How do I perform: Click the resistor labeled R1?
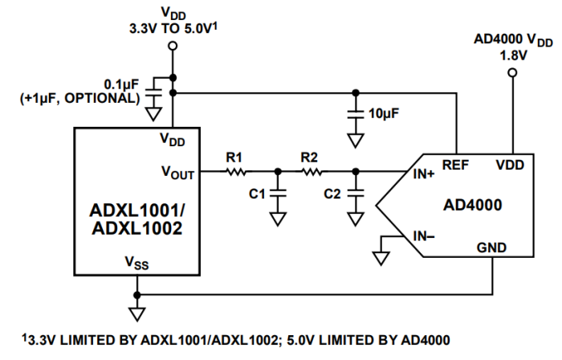pyautogui.click(x=235, y=171)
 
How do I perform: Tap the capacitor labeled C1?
pyautogui.click(x=278, y=194)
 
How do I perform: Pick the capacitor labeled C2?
pyautogui.click(x=354, y=194)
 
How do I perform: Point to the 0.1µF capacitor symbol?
pyautogui.click(x=152, y=97)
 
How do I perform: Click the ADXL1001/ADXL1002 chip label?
pyautogui.click(x=136, y=219)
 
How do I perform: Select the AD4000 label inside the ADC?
pyautogui.click(x=472, y=205)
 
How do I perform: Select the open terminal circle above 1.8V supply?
pyautogui.click(x=511, y=73)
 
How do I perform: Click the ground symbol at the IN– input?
pyautogui.click(x=381, y=257)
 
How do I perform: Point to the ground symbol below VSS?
pyautogui.click(x=137, y=311)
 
